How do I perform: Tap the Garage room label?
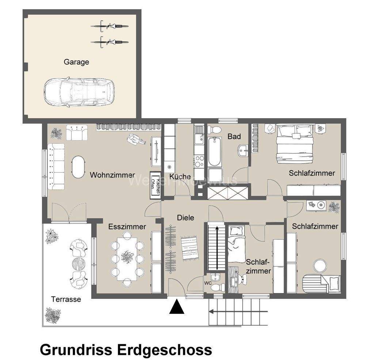tap(76, 62)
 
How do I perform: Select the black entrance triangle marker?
tap(177, 307)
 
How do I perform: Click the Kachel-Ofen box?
tap(156, 185)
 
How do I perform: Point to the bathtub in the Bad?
tap(214, 151)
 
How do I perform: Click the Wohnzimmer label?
tap(107, 175)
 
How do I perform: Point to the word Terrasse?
tap(66, 299)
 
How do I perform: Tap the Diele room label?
tap(185, 218)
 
